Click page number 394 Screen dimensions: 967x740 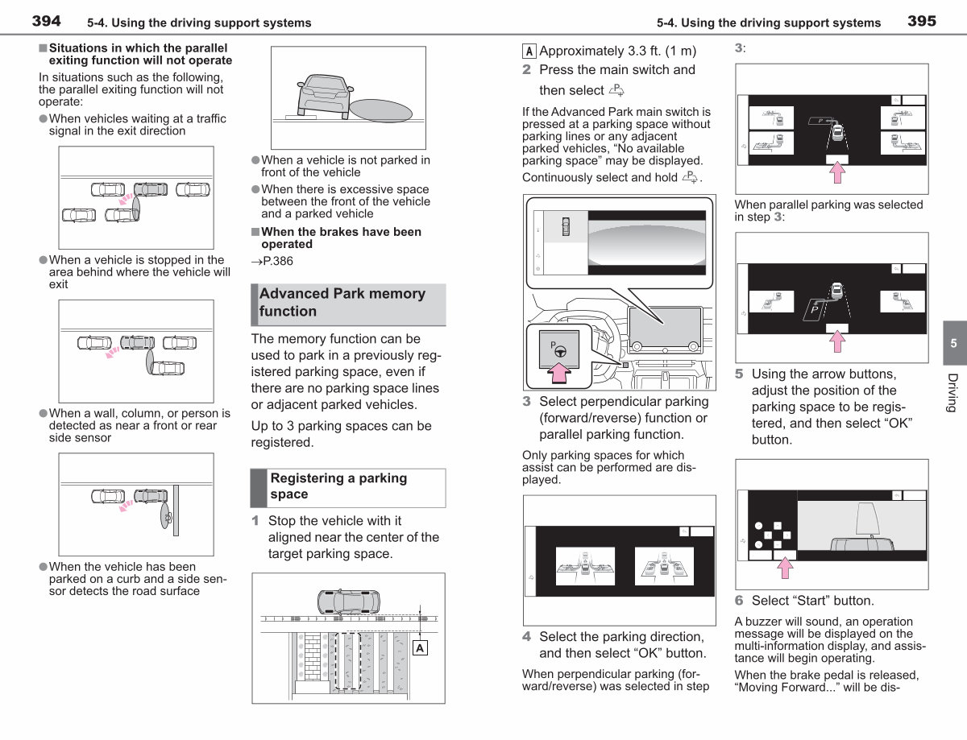coord(46,21)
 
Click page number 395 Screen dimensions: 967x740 coord(922,21)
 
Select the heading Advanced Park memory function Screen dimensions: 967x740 coord(342,302)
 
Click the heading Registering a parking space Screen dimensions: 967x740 coord(338,486)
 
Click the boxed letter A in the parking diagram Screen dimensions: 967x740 coord(420,647)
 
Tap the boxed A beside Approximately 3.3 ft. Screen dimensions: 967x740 coord(529,52)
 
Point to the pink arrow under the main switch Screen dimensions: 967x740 coord(559,373)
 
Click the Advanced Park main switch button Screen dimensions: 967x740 coord(559,349)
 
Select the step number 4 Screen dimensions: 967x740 coord(526,637)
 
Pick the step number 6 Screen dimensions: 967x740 coord(739,601)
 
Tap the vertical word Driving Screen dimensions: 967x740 coord(952,393)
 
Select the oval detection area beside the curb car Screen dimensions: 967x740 coord(381,110)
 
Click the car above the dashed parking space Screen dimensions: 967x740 coord(349,602)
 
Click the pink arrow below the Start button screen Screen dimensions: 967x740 coord(785,568)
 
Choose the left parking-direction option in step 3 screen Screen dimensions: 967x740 coord(585,566)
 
